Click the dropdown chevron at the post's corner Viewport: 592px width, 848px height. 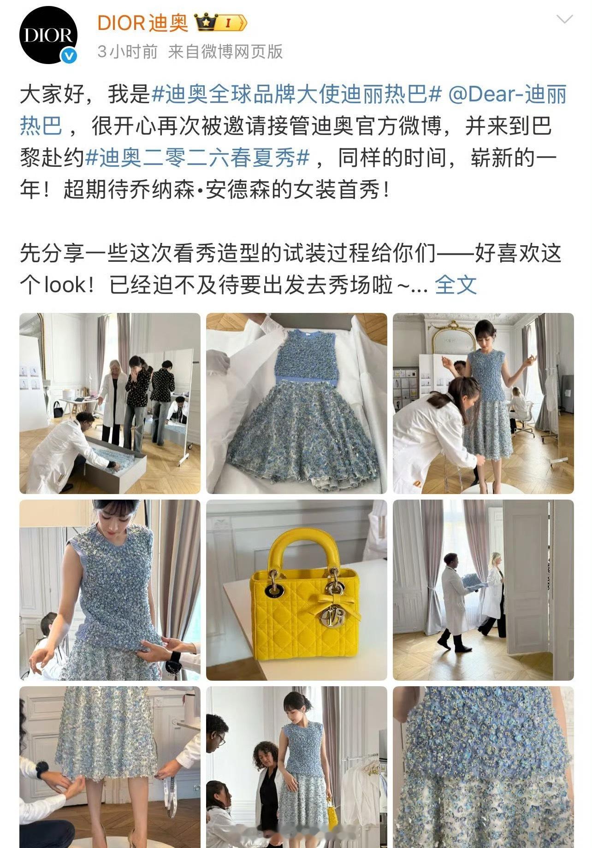click(x=564, y=19)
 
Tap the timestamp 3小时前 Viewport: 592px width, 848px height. click(x=128, y=52)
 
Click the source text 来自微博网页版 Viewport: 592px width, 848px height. click(x=225, y=52)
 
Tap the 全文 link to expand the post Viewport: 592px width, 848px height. click(x=456, y=284)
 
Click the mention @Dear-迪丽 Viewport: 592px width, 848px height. click(x=507, y=95)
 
